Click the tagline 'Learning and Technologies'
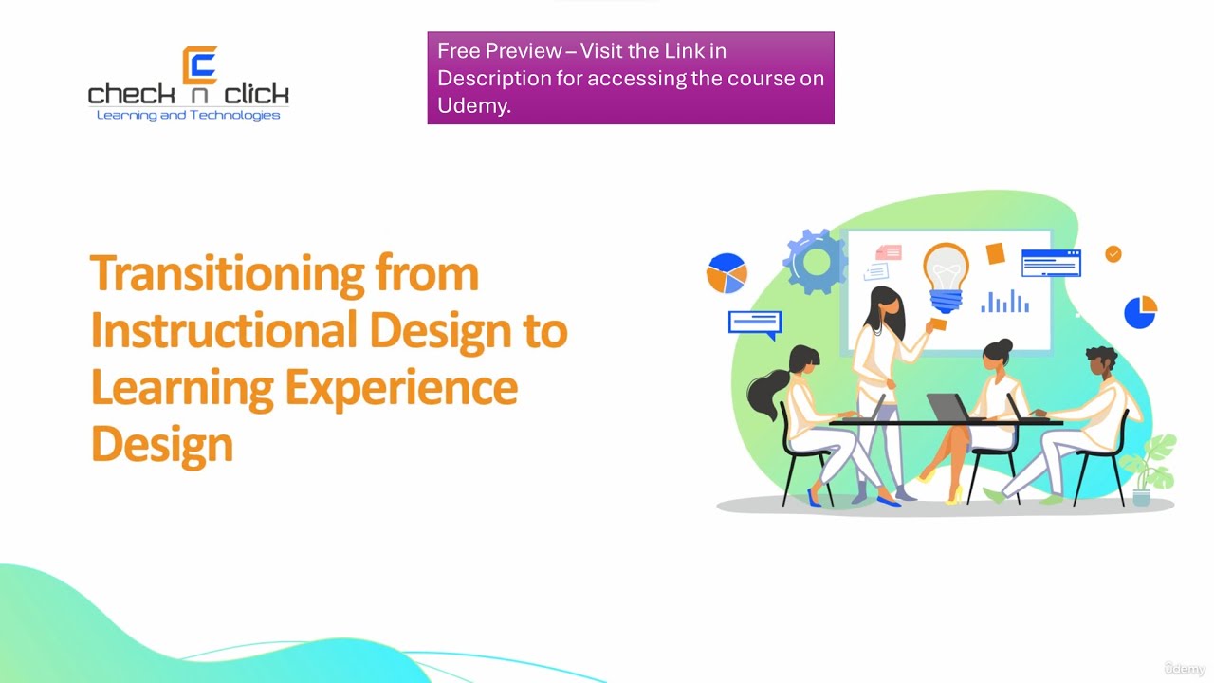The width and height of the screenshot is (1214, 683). [189, 116]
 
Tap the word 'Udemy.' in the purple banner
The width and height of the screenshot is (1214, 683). [474, 105]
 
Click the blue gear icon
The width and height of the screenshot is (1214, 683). [814, 261]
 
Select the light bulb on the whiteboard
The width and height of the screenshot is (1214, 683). [946, 275]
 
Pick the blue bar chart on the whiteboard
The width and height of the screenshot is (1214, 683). [1004, 302]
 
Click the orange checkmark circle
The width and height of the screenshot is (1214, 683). [1113, 253]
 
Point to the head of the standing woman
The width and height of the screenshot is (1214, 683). [882, 305]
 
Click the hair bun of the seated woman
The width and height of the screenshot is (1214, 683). [1005, 345]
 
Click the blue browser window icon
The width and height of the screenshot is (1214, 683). [1051, 262]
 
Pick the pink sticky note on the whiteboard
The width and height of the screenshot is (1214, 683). [889, 252]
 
